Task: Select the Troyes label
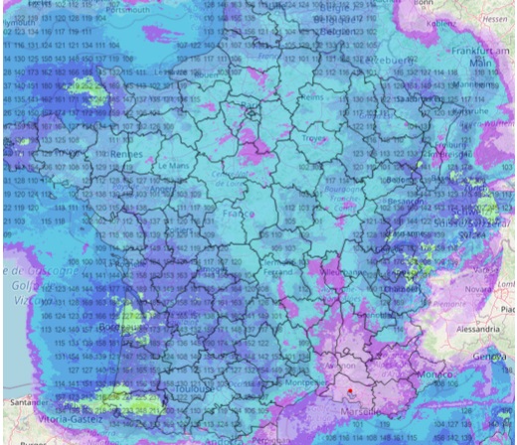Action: tap(317, 140)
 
